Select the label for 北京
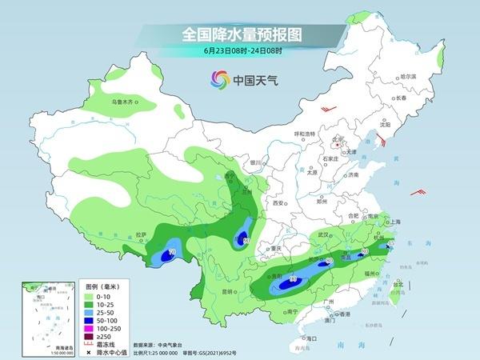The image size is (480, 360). [338, 138]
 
